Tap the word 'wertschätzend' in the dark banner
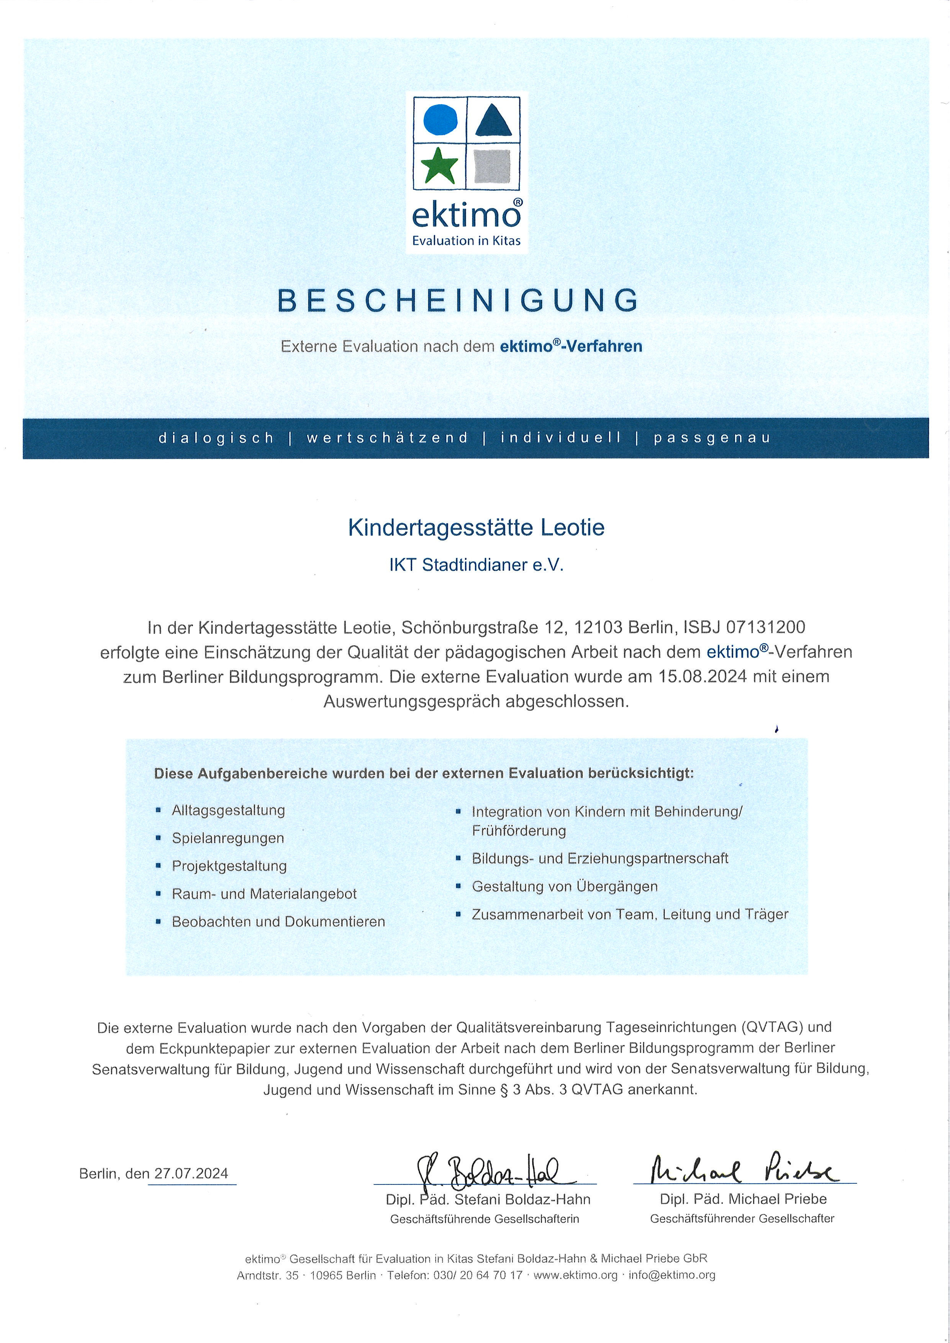387,438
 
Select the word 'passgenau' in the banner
712,438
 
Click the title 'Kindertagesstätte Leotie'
476,528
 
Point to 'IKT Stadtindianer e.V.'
476,565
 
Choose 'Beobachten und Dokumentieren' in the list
278,922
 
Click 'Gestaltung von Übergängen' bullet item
565,887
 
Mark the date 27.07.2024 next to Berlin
191,1174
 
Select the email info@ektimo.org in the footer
672,1275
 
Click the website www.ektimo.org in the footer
575,1275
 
